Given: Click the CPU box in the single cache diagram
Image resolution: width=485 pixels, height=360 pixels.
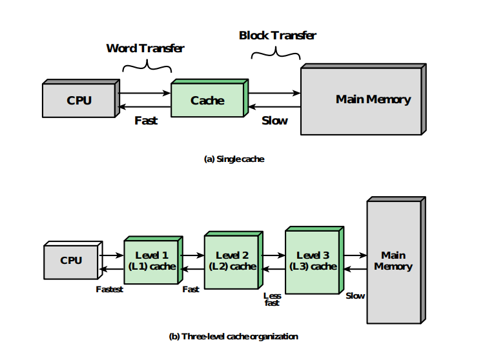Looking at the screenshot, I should coord(79,101).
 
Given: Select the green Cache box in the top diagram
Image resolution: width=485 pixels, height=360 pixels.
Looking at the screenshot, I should coord(207,101).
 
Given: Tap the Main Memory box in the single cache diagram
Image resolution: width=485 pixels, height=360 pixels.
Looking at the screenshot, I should coord(373,100).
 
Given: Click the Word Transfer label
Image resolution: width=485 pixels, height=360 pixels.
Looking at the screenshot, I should coord(145,48).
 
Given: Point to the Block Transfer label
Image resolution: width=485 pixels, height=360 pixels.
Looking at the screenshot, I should coord(278,35).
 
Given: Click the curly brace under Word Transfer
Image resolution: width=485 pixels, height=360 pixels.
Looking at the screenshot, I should coord(146,65).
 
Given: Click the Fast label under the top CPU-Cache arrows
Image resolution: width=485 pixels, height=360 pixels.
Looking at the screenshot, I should coord(146,121).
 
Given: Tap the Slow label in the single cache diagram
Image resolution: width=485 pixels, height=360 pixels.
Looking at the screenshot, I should coord(274,121).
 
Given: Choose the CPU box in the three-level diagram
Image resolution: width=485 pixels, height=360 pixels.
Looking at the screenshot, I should coord(70,261).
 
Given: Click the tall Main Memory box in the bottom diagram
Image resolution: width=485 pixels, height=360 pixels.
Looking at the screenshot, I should coord(393,261).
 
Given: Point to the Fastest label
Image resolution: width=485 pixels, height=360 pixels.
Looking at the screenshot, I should coord(109,290).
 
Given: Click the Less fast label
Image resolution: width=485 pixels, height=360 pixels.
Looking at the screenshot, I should coord(272,299).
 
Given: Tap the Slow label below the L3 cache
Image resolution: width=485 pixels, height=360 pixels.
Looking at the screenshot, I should coord(355,296).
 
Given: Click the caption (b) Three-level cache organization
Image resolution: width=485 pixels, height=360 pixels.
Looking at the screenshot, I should coord(234,336).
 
